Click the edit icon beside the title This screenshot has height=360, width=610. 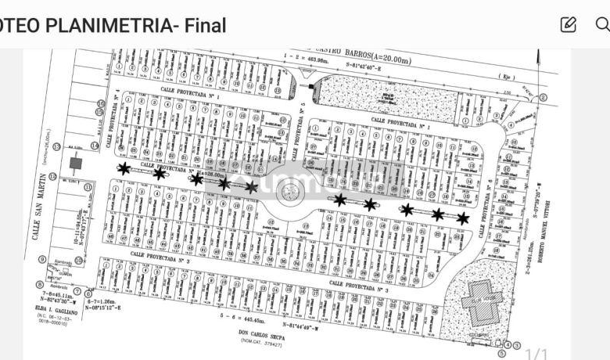click(x=569, y=24)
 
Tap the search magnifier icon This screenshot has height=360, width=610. click(x=601, y=24)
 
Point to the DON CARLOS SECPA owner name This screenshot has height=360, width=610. click(x=262, y=334)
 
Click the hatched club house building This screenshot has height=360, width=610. click(x=483, y=301)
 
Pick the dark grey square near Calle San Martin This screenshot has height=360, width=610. click(x=76, y=164)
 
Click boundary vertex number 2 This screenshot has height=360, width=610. click(x=543, y=99)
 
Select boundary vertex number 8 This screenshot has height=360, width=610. click(x=39, y=285)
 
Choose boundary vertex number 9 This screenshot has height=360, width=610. click(x=41, y=260)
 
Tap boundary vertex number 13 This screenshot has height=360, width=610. click(x=54, y=177)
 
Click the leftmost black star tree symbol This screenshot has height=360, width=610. click(x=124, y=167)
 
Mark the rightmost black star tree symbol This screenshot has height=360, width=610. click(x=463, y=218)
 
